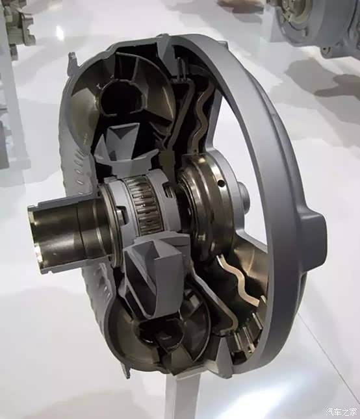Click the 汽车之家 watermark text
(341, 411)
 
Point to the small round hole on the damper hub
(220, 183)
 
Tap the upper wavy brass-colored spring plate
(203, 116)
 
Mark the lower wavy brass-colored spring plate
(238, 279)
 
